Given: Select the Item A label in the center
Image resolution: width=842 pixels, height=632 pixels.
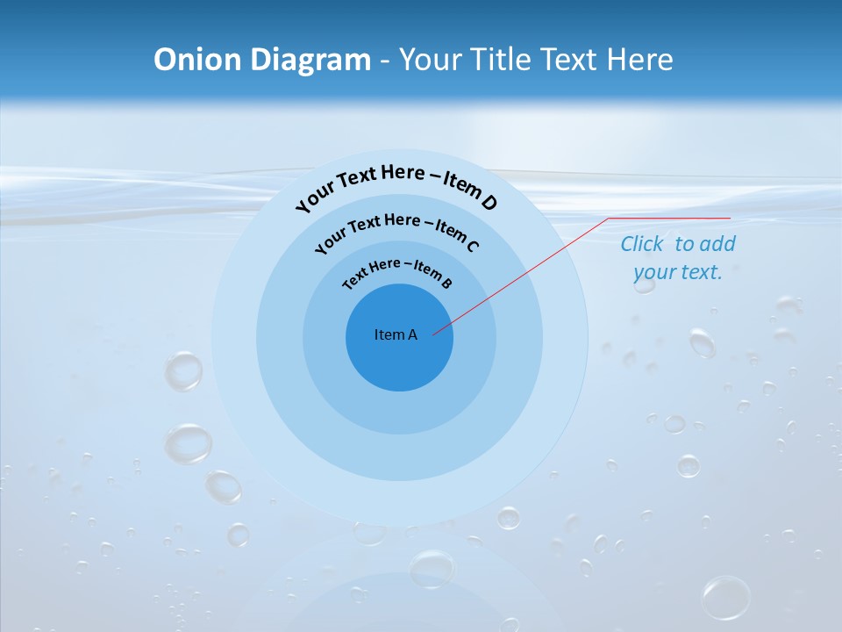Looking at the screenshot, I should point(396,334).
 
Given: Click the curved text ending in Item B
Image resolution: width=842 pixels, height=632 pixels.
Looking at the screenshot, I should point(397,272).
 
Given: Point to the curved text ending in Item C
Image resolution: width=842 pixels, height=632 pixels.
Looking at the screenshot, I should point(396,231).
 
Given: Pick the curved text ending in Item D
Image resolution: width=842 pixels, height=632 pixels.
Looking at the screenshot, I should point(396,183).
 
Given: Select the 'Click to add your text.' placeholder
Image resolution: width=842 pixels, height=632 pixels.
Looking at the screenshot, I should point(678,258).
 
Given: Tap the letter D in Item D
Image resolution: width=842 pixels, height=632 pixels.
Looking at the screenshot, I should point(488,203).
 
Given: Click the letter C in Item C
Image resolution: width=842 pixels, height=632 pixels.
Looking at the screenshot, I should point(472,246).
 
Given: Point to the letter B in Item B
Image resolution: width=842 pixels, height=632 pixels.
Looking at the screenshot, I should point(446,283).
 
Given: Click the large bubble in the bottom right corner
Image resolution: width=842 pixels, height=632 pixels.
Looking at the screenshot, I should point(725,597).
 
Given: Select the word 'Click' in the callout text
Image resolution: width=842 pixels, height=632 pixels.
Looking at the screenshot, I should point(643,244).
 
